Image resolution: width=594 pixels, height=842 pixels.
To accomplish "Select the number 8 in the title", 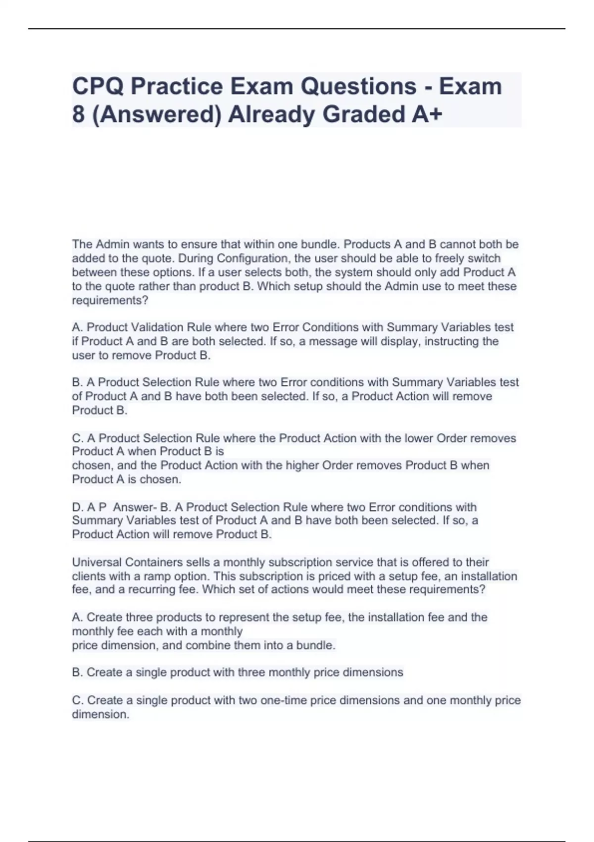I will pyautogui.click(x=78, y=114).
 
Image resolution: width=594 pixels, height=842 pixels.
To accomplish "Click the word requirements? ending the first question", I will pyautogui.click(x=110, y=301).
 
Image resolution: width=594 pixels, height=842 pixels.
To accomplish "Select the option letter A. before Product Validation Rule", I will pyautogui.click(x=77, y=327).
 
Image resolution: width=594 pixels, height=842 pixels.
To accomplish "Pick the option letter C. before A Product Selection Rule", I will pyautogui.click(x=77, y=438).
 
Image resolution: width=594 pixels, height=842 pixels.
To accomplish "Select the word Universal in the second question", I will pyautogui.click(x=97, y=563).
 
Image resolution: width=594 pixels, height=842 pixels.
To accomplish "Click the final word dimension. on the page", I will pyautogui.click(x=100, y=714).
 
